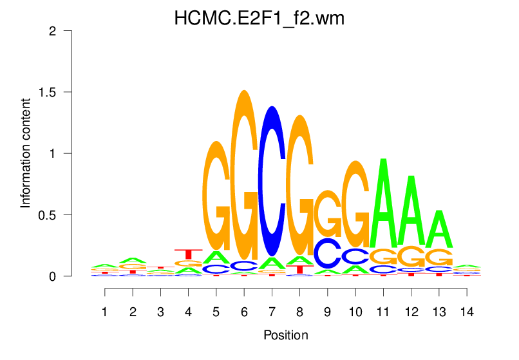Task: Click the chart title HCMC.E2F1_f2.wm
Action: tap(259, 19)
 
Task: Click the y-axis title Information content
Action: tap(26, 153)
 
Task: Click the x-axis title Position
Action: tap(285, 335)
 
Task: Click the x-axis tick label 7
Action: tap(272, 312)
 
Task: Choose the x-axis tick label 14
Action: tap(467, 312)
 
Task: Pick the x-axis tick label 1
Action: tap(105, 312)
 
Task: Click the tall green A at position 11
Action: tap(383, 203)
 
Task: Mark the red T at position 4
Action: tap(189, 254)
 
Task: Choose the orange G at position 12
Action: tap(411, 256)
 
